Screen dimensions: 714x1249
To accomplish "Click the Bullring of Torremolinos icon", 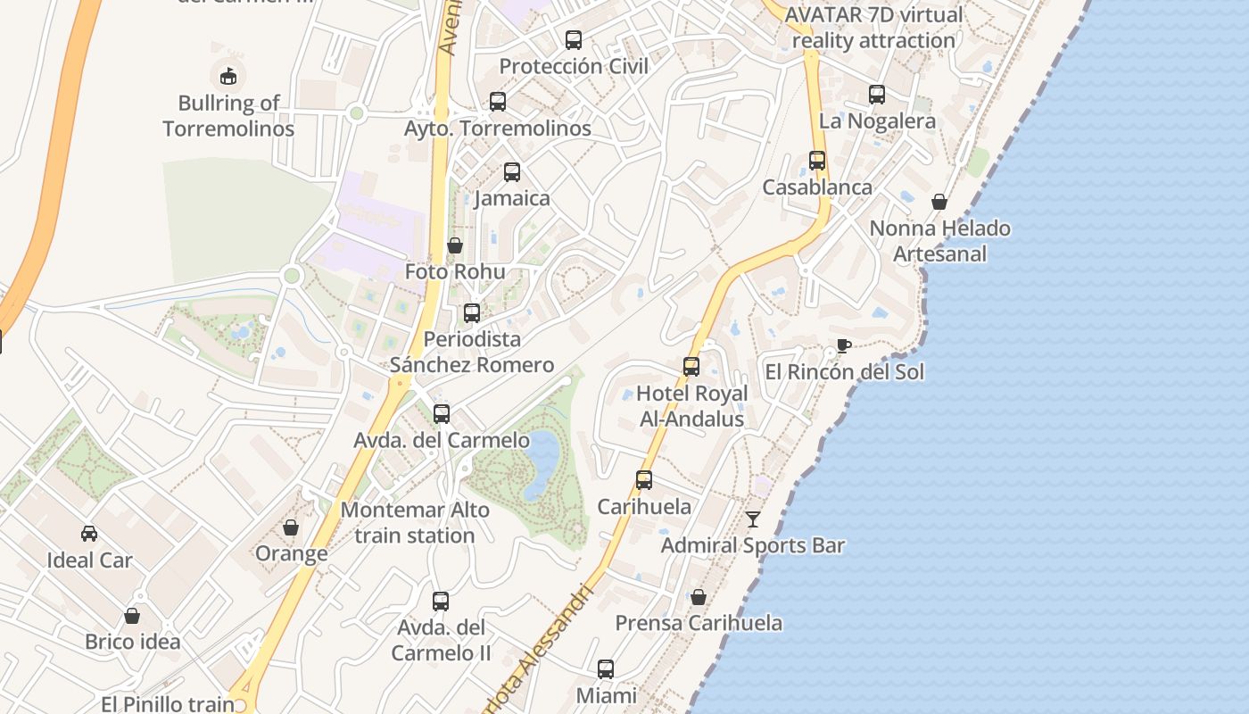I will pyautogui.click(x=228, y=75).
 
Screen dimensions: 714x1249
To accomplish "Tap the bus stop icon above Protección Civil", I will pyautogui.click(x=574, y=39).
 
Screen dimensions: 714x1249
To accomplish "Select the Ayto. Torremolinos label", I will pyautogui.click(x=498, y=129).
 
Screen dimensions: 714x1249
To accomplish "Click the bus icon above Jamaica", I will pyautogui.click(x=512, y=171).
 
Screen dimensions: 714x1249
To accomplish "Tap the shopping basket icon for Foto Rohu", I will pyautogui.click(x=455, y=245).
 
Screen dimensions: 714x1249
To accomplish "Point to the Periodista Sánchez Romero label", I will pyautogui.click(x=472, y=352).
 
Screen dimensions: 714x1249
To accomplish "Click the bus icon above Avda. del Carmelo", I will pyautogui.click(x=442, y=413).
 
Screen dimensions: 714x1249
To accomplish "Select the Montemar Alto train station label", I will pyautogui.click(x=416, y=523).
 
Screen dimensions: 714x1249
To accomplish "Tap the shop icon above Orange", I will pyautogui.click(x=291, y=527).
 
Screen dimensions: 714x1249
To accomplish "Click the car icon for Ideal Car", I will pyautogui.click(x=89, y=534).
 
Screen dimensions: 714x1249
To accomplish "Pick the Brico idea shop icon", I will pyautogui.click(x=132, y=615).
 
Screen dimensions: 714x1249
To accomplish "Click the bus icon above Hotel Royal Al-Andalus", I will pyautogui.click(x=691, y=366).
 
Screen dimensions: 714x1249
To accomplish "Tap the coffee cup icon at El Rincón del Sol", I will pyautogui.click(x=843, y=345).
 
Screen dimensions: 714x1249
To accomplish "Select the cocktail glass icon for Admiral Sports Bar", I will pyautogui.click(x=753, y=519).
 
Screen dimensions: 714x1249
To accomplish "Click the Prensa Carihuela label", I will pyautogui.click(x=699, y=623).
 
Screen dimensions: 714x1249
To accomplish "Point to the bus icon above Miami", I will pyautogui.click(x=606, y=668).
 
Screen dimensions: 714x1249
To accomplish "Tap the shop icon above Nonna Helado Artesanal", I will pyautogui.click(x=939, y=202).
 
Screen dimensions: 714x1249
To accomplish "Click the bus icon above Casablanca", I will pyautogui.click(x=817, y=161).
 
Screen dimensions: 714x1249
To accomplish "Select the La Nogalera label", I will pyautogui.click(x=877, y=121).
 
